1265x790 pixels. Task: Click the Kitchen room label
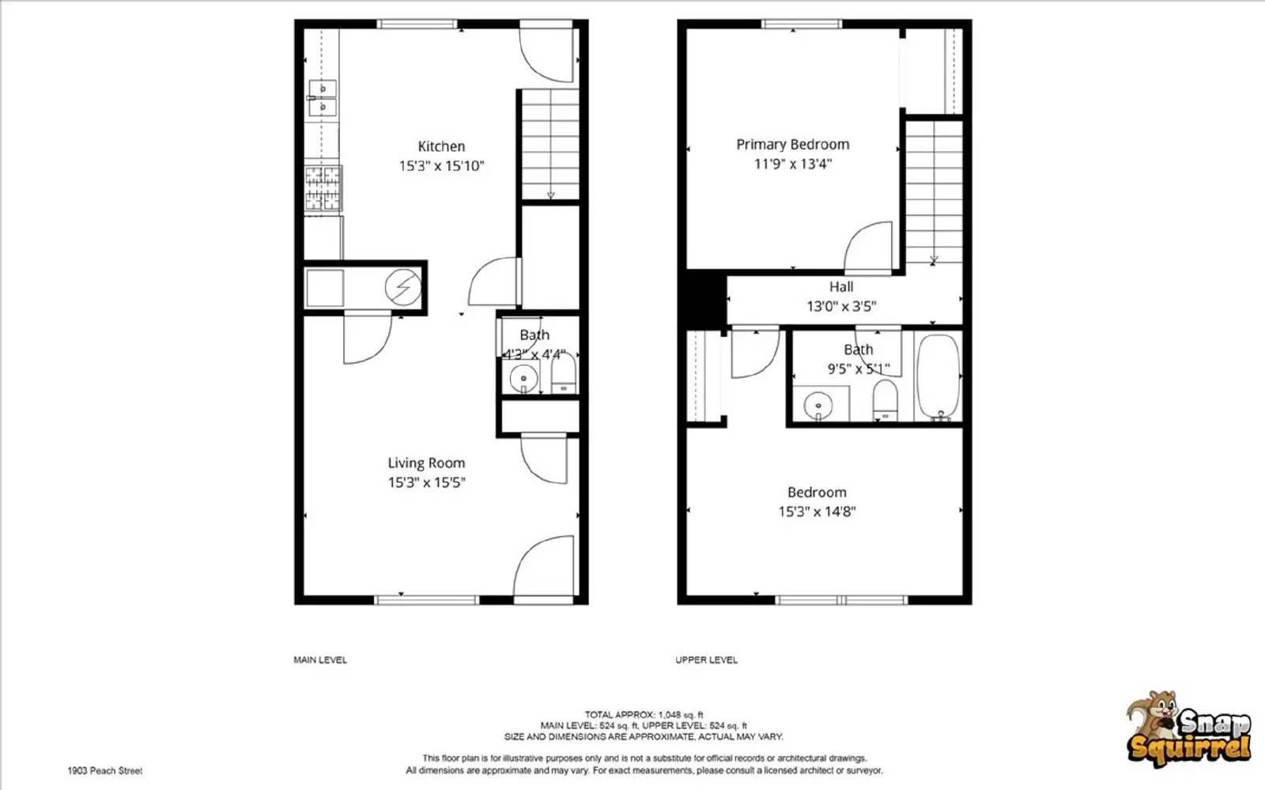point(441,146)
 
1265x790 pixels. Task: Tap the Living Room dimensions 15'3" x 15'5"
point(426,482)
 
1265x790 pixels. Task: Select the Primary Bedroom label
point(792,145)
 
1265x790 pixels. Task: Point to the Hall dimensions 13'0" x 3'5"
point(841,306)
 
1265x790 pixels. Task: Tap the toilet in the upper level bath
point(885,401)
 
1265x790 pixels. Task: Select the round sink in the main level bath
point(523,380)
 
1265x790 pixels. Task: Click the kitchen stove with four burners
point(323,188)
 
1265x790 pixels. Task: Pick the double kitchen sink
point(323,98)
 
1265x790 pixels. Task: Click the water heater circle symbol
point(403,288)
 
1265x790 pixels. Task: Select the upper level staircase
point(934,191)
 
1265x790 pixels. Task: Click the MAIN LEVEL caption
point(320,660)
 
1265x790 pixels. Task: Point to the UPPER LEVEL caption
point(706,660)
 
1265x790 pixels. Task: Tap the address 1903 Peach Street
point(105,770)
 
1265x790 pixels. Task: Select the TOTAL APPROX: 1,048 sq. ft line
point(644,715)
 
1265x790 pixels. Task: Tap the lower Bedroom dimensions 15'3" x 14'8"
point(817,512)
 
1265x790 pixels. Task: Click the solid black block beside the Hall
point(704,299)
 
